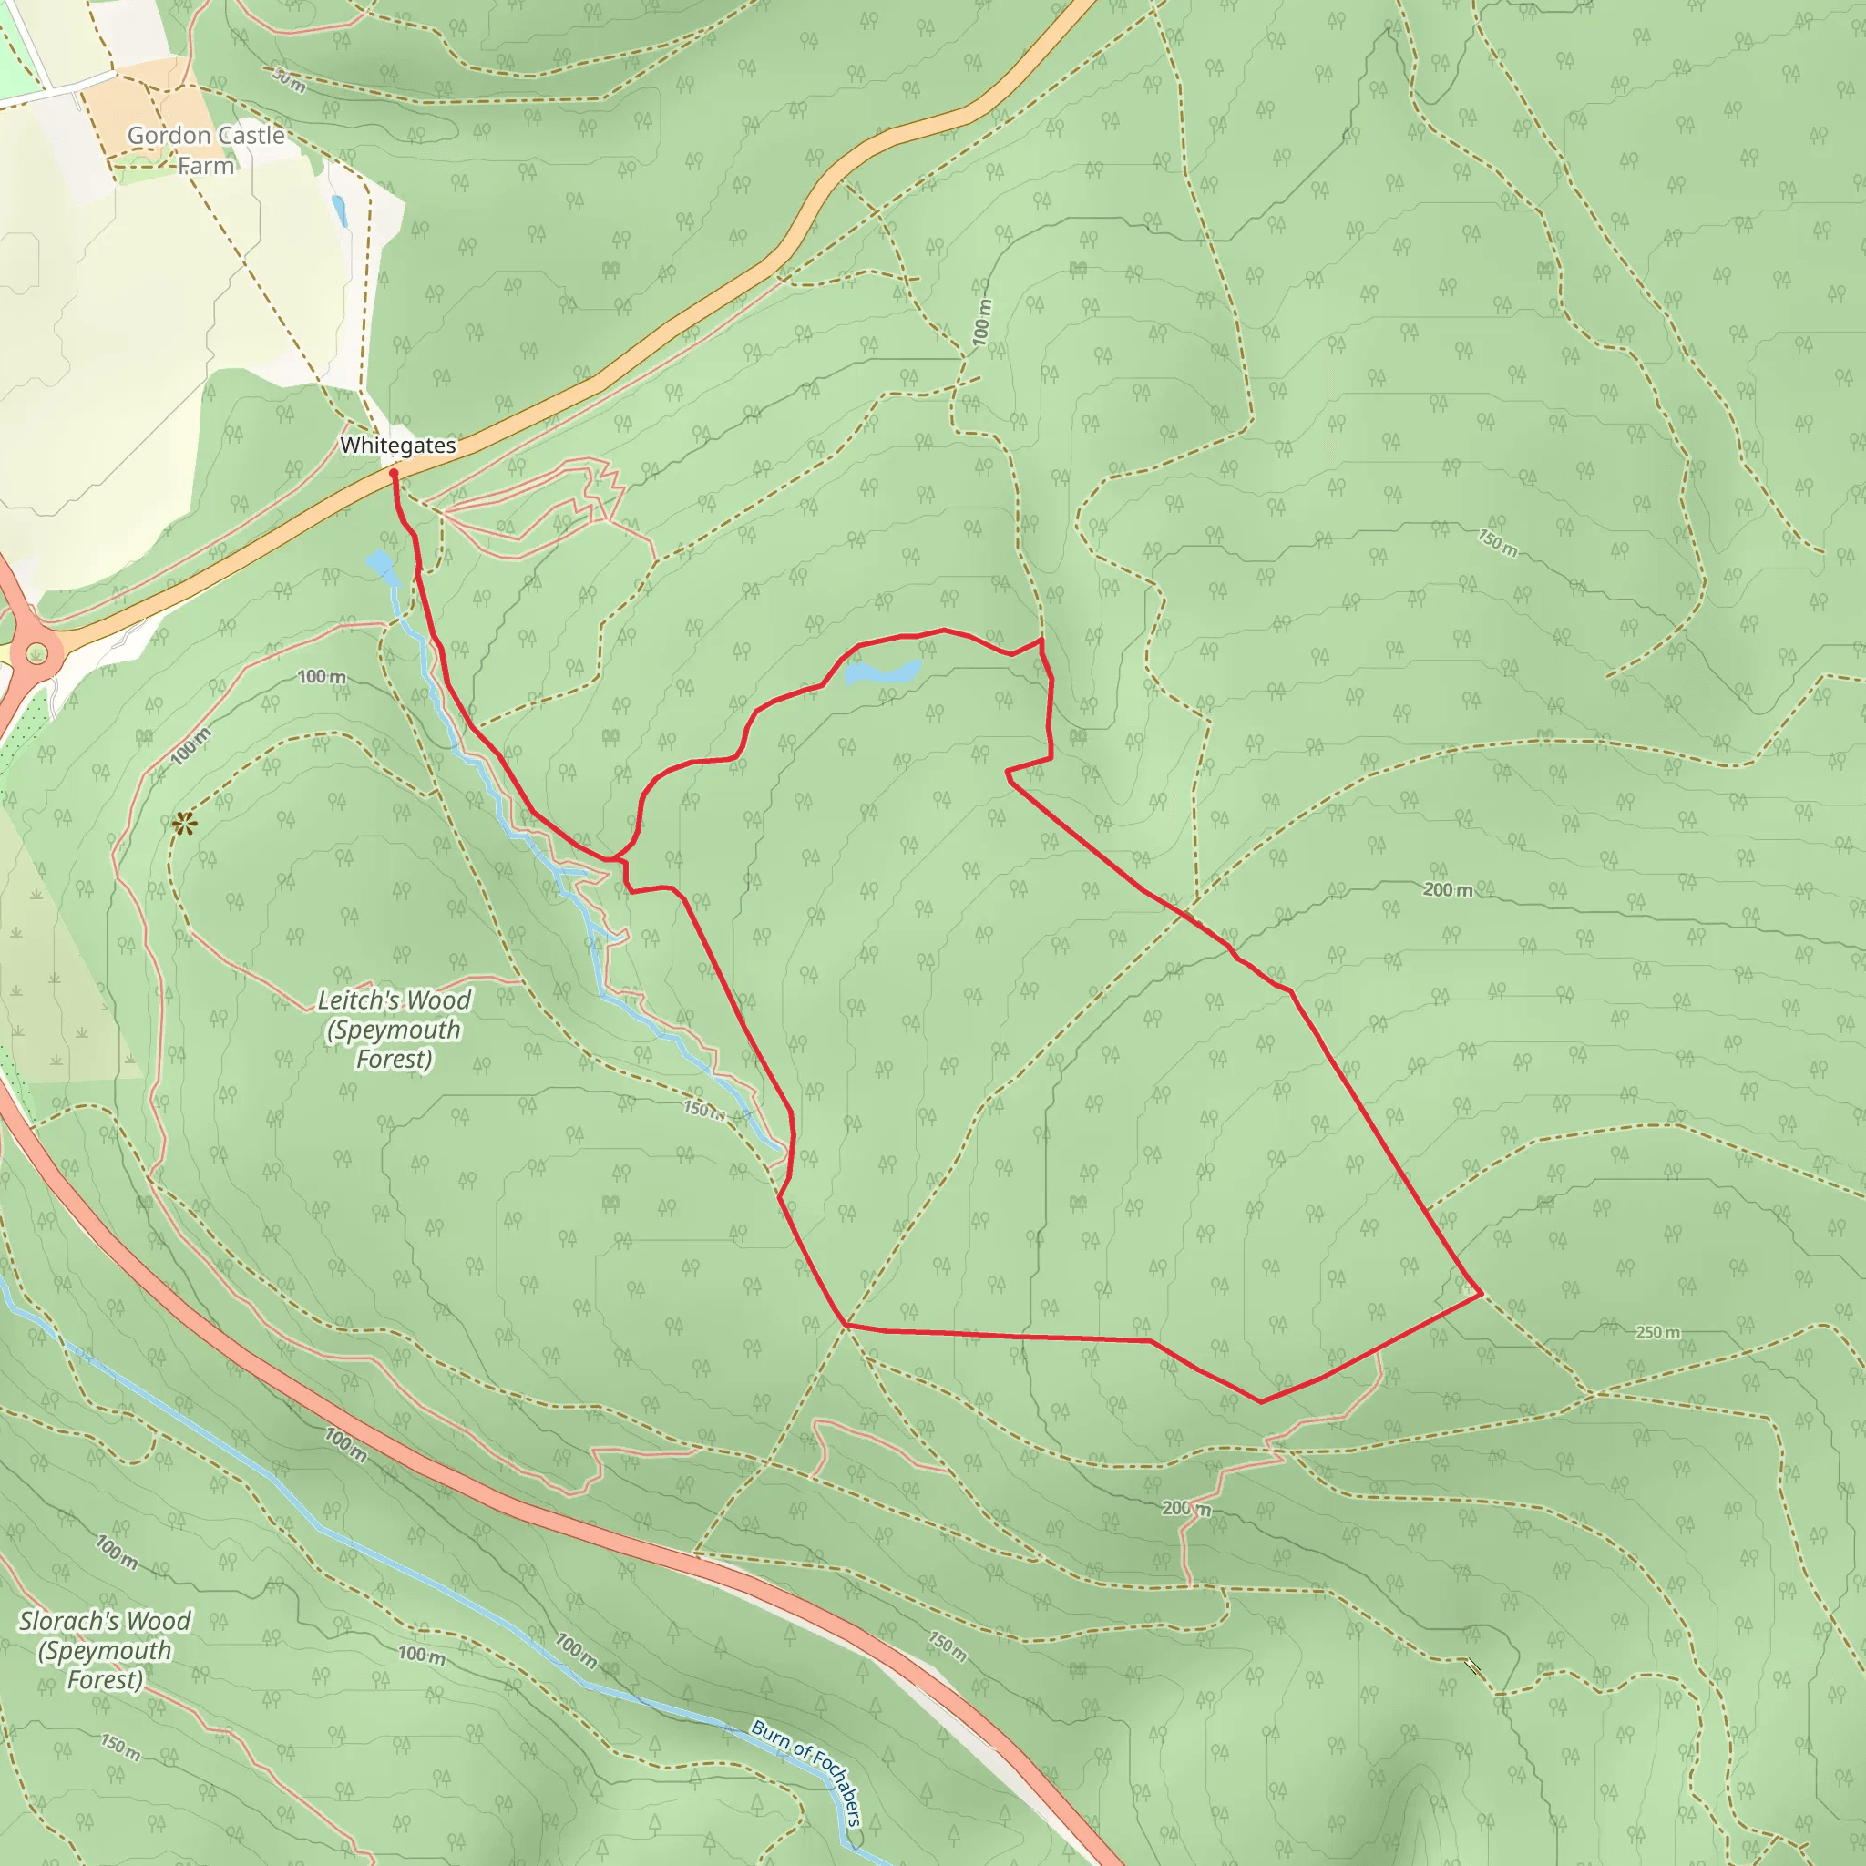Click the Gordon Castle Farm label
pos(206,149)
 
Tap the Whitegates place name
pos(398,446)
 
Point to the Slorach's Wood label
pos(104,1650)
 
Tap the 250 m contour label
pos(1657,1333)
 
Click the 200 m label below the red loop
pos(1186,1508)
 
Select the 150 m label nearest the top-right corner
pos(1497,543)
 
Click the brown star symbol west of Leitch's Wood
pos(183,824)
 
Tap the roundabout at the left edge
pos(36,655)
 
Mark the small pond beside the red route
pos(882,672)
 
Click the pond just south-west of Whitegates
pos(381,565)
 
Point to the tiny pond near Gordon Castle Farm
pos(338,210)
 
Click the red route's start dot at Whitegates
pos(393,473)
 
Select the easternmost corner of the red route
pos(1481,1293)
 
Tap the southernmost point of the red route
pos(1261,1401)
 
